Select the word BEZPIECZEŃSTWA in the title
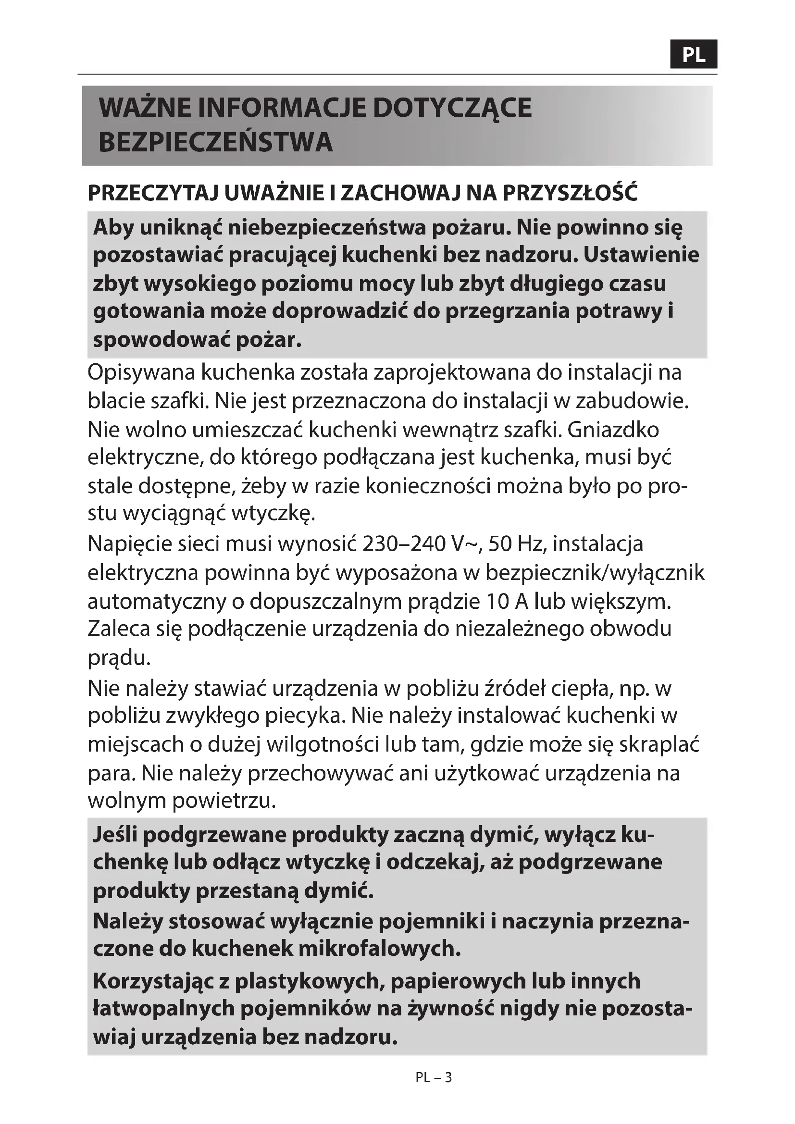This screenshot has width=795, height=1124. (215, 142)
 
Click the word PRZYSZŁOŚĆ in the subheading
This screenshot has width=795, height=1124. (571, 193)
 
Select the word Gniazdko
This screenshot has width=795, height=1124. (613, 430)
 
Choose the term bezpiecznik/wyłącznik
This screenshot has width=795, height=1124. (595, 573)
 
